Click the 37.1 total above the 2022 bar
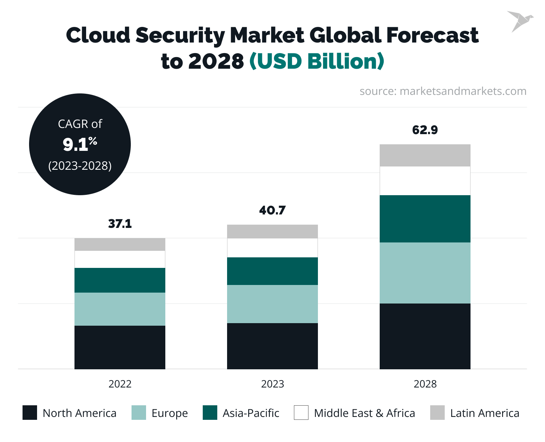[x=120, y=224]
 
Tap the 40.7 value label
[x=272, y=210]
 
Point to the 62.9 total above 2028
[x=425, y=130]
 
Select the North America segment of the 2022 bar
[x=120, y=347]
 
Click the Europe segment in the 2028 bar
[x=425, y=273]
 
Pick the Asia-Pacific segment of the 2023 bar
[x=272, y=271]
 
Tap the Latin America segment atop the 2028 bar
[x=425, y=155]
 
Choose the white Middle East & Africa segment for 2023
[x=272, y=248]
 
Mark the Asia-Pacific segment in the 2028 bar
[x=425, y=219]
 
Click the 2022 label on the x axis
[x=120, y=384]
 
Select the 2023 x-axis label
[x=272, y=384]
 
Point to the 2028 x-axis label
[x=425, y=384]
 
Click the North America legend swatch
[x=30, y=413]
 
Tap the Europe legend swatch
[x=139, y=413]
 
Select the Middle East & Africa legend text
[x=364, y=413]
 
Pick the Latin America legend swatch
[x=437, y=413]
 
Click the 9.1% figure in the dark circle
[x=80, y=144]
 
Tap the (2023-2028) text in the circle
[x=80, y=166]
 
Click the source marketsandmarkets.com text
[x=443, y=91]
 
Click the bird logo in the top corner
[x=520, y=21]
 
